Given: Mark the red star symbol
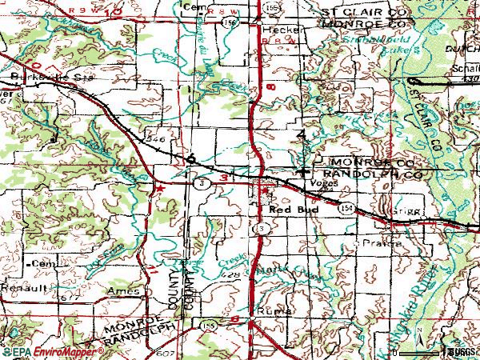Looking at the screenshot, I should click(159, 187).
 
